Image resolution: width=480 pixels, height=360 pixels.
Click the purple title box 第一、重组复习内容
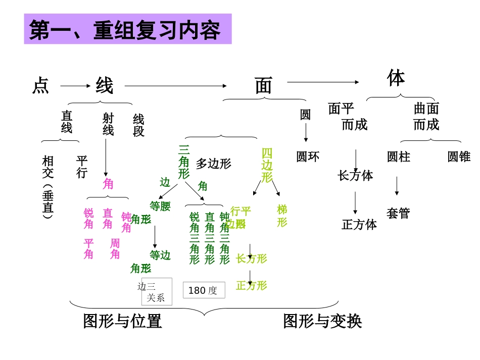tap(128, 29)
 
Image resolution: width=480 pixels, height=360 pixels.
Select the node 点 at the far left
tap(40, 86)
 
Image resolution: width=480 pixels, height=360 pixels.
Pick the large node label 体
tap(396, 78)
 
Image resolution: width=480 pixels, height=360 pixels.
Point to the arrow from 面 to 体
tap(323, 82)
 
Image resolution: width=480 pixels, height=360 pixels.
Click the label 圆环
tap(308, 157)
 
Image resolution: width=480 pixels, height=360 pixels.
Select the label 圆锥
tap(459, 157)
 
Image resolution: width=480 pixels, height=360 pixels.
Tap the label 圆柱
tap(398, 157)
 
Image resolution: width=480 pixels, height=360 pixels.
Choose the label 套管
tap(398, 213)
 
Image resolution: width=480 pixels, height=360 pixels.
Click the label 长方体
tap(355, 176)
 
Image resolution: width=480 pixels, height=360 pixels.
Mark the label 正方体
tap(359, 225)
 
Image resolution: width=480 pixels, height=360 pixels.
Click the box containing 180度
tap(204, 290)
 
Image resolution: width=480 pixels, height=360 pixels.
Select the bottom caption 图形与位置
tap(122, 321)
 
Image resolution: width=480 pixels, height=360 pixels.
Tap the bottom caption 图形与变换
tap(322, 321)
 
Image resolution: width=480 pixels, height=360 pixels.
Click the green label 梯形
tap(282, 216)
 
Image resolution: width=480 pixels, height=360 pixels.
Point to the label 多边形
tap(213, 164)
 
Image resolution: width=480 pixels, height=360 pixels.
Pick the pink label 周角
tap(115, 249)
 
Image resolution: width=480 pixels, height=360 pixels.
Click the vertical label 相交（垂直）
tap(47, 187)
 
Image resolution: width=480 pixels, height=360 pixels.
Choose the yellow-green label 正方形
tap(252, 286)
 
